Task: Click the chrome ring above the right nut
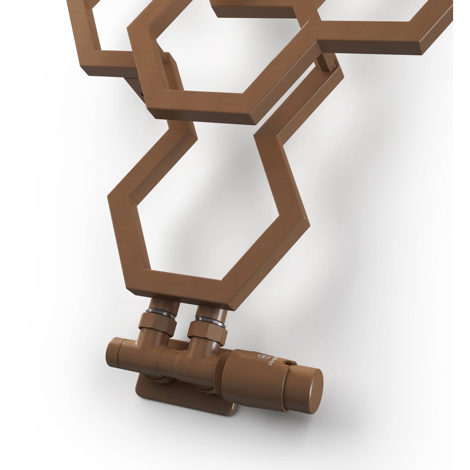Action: [x=211, y=321]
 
